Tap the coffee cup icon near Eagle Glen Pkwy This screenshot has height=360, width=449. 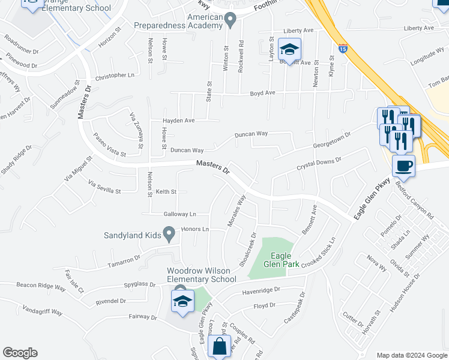[403, 166]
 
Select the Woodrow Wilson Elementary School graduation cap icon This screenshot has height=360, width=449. [182, 301]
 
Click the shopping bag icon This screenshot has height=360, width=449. [220, 346]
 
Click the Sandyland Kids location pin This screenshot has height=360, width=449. [169, 232]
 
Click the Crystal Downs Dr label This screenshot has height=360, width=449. [319, 164]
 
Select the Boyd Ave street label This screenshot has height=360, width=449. [262, 93]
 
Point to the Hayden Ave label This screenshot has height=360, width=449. [178, 120]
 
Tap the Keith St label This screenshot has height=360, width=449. [166, 191]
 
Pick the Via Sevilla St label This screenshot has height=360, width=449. [104, 186]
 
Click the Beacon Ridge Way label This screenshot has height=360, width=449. [41, 286]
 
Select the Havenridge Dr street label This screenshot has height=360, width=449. [261, 290]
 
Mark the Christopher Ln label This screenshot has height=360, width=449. [115, 76]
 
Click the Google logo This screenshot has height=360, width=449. [20, 353]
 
